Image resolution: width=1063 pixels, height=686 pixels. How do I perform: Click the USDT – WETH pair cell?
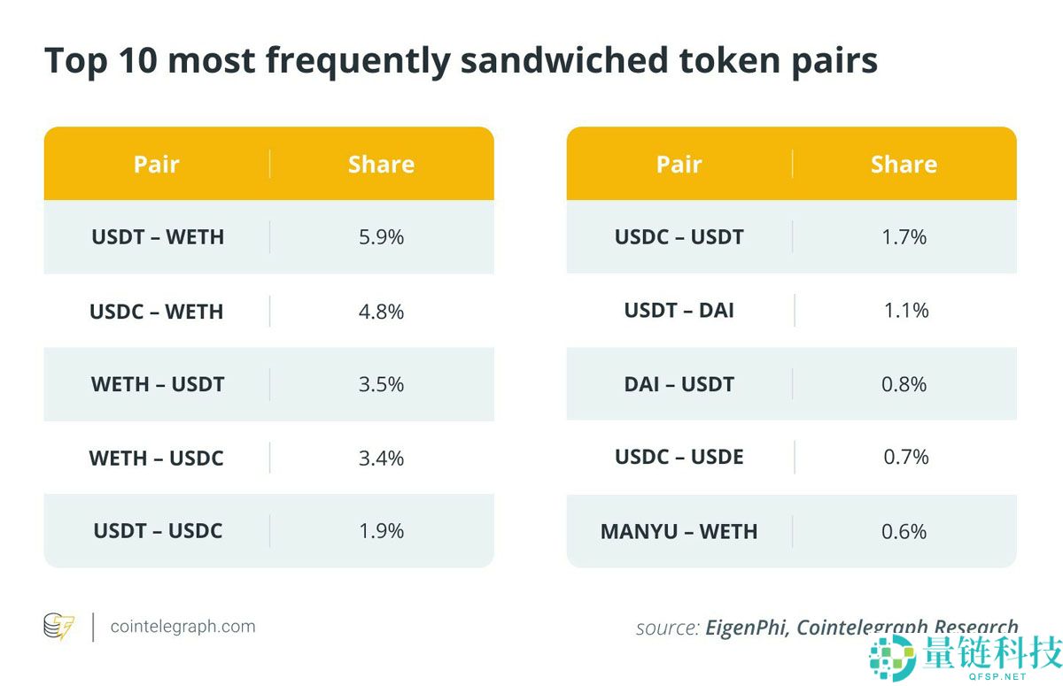point(157,237)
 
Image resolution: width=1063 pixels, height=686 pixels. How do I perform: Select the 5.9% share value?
point(382,237)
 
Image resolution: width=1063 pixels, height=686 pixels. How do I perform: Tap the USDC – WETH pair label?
point(157,312)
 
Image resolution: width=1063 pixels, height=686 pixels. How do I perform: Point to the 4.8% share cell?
point(382,312)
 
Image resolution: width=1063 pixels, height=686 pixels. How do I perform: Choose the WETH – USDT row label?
point(157,384)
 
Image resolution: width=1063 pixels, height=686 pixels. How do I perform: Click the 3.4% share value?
point(382,458)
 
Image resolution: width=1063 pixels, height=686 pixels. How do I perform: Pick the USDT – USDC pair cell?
point(157,531)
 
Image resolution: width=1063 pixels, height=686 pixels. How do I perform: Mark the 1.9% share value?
point(382,531)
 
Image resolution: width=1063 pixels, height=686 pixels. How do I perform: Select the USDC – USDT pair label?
point(679,237)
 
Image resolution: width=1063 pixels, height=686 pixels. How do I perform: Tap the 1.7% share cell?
point(904,237)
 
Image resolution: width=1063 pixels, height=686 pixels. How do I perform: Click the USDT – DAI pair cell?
point(679,311)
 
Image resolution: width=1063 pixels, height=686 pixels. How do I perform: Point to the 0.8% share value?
point(904,384)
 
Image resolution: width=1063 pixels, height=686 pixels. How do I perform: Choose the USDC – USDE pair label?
point(679,457)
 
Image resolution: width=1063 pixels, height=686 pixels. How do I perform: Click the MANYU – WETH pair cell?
point(679,532)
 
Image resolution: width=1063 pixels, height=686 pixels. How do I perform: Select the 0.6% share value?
point(904,532)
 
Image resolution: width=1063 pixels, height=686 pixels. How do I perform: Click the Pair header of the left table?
point(157,165)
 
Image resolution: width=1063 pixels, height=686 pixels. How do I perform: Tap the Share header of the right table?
point(904,165)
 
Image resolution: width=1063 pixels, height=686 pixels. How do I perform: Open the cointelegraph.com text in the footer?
point(182,627)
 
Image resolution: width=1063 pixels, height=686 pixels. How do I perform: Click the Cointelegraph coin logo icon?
point(58,627)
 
